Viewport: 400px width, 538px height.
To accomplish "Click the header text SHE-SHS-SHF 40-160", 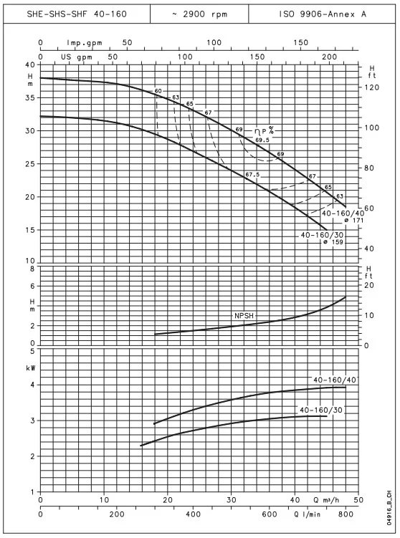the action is coord(77,14).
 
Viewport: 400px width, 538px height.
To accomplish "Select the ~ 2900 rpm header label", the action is coord(199,14).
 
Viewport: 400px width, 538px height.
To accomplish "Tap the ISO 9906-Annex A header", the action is coord(322,14).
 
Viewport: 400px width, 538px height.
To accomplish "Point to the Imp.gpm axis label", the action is coord(85,43).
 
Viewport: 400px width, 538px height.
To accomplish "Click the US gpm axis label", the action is coord(77,57).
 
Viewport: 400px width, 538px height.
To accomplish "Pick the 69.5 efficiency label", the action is coord(262,140).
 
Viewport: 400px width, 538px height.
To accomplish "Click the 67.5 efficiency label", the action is coord(252,175).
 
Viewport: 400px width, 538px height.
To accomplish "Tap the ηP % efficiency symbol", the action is coord(264,130).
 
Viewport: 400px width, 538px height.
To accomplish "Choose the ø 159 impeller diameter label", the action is coord(333,242).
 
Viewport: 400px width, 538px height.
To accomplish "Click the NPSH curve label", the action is coord(244,316).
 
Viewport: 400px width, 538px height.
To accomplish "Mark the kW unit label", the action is coord(31,368).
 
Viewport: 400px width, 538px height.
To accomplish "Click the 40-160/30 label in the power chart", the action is coord(321,410).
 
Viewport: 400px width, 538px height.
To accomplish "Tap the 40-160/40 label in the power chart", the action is coord(335,380).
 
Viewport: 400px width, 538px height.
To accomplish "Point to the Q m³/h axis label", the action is coord(326,500).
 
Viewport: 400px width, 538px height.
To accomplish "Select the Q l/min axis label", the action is coord(307,514).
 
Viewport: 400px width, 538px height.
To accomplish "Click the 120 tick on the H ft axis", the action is coord(372,87).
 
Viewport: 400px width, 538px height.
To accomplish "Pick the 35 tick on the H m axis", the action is coord(31,98).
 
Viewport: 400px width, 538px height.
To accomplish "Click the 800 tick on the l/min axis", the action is coord(346,514).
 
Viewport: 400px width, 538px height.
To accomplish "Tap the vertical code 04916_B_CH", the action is coord(389,508).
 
